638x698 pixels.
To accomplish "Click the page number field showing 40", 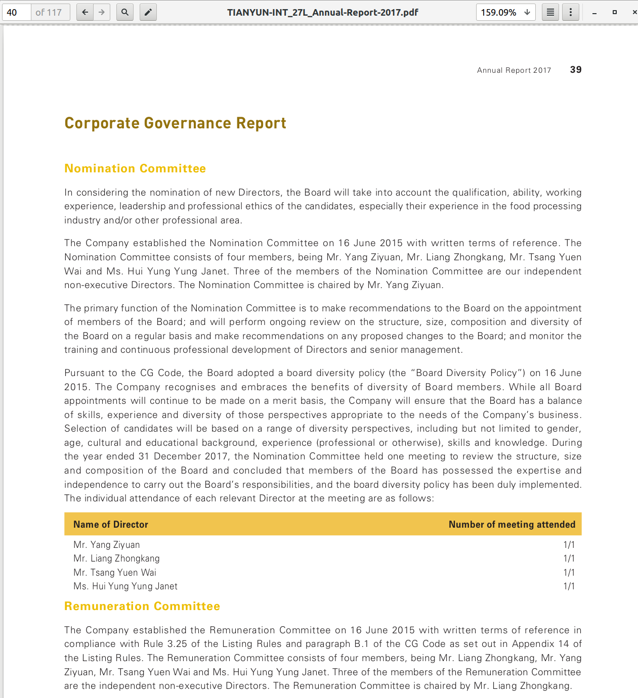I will [17, 12].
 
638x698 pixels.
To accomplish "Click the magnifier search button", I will [124, 12].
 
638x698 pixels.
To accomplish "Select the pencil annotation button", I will [148, 12].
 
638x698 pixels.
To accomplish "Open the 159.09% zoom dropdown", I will [505, 12].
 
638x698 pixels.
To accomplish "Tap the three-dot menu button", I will [571, 12].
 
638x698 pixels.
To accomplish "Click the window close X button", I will [634, 12].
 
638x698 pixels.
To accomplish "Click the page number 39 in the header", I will [576, 70].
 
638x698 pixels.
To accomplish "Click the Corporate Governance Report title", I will [175, 123].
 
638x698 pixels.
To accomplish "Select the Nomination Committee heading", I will [135, 168].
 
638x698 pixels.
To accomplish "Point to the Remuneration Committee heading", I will [142, 606].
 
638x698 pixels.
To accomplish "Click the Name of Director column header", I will [111, 524].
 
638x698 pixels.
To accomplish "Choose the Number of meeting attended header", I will [512, 524].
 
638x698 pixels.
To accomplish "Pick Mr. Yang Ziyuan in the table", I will [107, 545].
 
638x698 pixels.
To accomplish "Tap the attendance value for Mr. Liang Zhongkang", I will [569, 559].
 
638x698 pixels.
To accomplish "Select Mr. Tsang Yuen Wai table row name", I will [115, 573].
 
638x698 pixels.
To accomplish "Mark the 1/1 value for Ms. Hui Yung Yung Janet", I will [569, 586].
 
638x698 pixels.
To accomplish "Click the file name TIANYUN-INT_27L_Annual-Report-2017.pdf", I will [323, 12].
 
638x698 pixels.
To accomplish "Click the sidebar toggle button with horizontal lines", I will [550, 12].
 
